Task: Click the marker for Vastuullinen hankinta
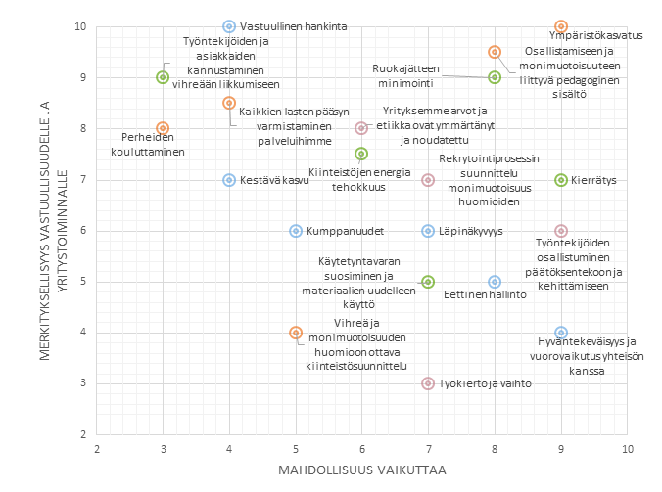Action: (x=229, y=26)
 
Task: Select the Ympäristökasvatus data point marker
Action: (x=561, y=26)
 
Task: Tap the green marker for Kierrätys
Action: (x=561, y=180)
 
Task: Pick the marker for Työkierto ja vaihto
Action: (x=428, y=383)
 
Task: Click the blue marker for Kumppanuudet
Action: (x=296, y=231)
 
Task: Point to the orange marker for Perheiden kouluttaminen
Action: (x=163, y=128)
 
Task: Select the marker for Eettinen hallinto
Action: (x=495, y=282)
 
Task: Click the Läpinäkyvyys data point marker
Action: (x=428, y=231)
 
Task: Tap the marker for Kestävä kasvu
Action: (x=229, y=180)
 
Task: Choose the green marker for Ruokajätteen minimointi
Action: (x=495, y=77)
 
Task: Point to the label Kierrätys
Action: (x=594, y=180)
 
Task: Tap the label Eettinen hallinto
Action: (x=486, y=293)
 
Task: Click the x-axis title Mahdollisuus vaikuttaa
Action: (x=362, y=471)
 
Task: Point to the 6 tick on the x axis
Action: (x=362, y=448)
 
